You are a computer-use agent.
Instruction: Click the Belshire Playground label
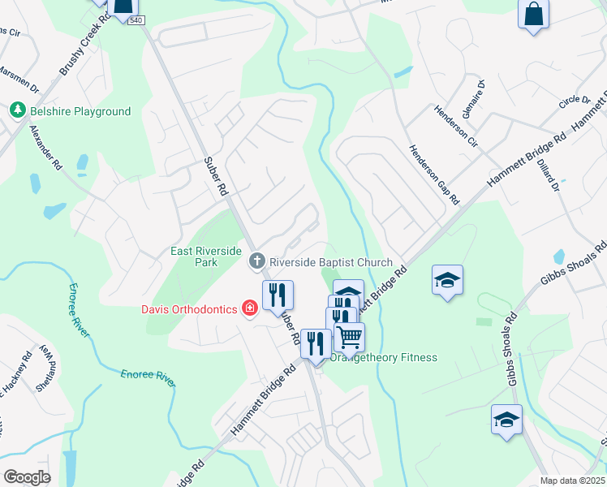80,111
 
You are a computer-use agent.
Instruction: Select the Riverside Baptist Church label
330,262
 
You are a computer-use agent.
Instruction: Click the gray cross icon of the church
256,261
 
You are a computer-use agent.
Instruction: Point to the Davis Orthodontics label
188,308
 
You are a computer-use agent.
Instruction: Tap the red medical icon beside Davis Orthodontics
249,308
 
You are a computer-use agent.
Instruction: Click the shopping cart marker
349,335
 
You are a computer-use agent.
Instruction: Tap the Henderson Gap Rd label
434,174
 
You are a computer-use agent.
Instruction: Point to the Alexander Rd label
46,147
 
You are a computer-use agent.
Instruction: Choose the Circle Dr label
574,101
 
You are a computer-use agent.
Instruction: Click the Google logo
27,476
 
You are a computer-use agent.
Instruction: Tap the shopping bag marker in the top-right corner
533,15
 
